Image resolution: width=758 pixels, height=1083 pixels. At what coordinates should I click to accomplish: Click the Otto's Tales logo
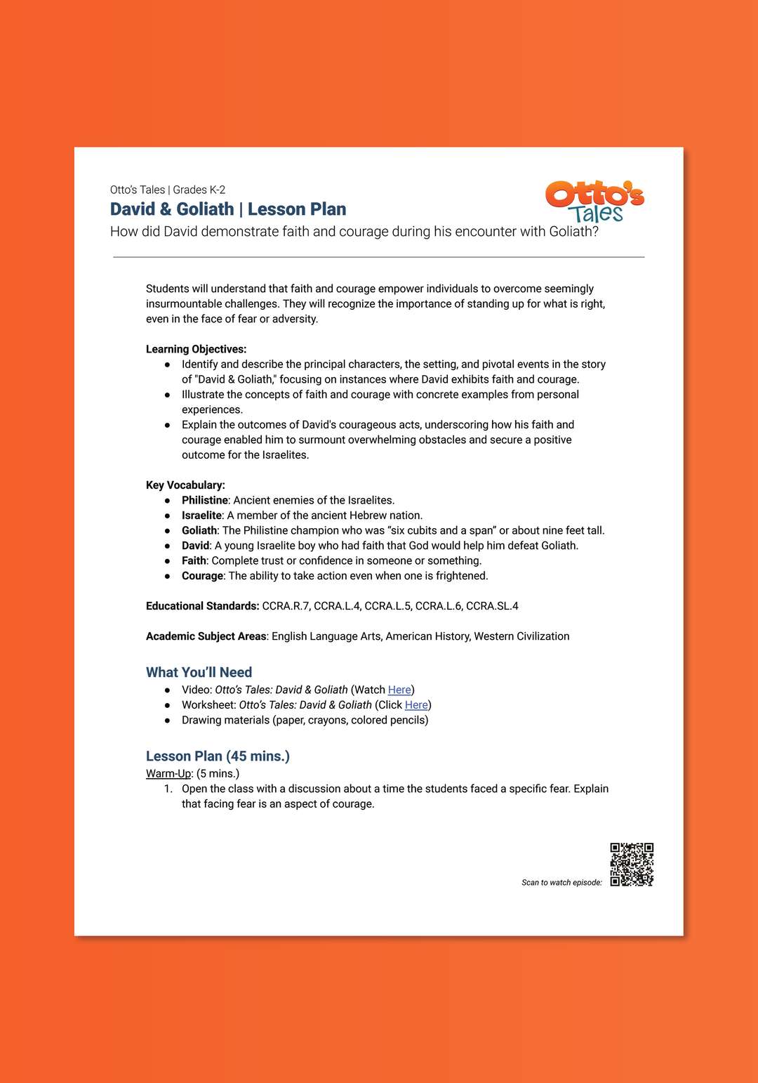point(594,202)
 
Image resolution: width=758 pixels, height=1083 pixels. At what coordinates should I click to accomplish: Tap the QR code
point(632,864)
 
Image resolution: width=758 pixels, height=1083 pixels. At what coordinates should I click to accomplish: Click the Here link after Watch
point(399,690)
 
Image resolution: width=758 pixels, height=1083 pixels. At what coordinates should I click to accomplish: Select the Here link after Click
point(416,705)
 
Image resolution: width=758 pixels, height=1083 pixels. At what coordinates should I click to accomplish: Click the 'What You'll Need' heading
point(199,672)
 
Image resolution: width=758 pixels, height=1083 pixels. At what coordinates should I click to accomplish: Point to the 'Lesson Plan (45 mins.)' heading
point(218,756)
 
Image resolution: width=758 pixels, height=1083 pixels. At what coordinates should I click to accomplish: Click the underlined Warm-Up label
point(168,773)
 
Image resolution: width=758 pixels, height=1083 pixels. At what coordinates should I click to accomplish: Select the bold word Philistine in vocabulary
point(204,500)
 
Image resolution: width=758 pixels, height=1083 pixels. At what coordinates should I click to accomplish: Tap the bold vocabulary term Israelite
point(201,516)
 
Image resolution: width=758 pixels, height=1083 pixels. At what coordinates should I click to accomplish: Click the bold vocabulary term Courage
point(202,576)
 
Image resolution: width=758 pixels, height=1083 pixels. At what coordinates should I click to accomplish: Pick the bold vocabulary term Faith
point(194,560)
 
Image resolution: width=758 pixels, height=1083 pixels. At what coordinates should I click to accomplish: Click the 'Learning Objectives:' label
point(196,349)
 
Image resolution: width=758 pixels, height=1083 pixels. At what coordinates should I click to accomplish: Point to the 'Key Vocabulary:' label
point(185,485)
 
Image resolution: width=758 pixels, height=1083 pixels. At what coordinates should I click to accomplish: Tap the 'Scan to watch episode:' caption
point(561,883)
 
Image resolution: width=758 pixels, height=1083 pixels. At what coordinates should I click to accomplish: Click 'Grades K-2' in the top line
point(199,190)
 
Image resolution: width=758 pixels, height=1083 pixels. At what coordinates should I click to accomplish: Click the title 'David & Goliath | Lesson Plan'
point(228,209)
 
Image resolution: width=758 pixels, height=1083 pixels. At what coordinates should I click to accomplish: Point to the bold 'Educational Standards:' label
point(202,606)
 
